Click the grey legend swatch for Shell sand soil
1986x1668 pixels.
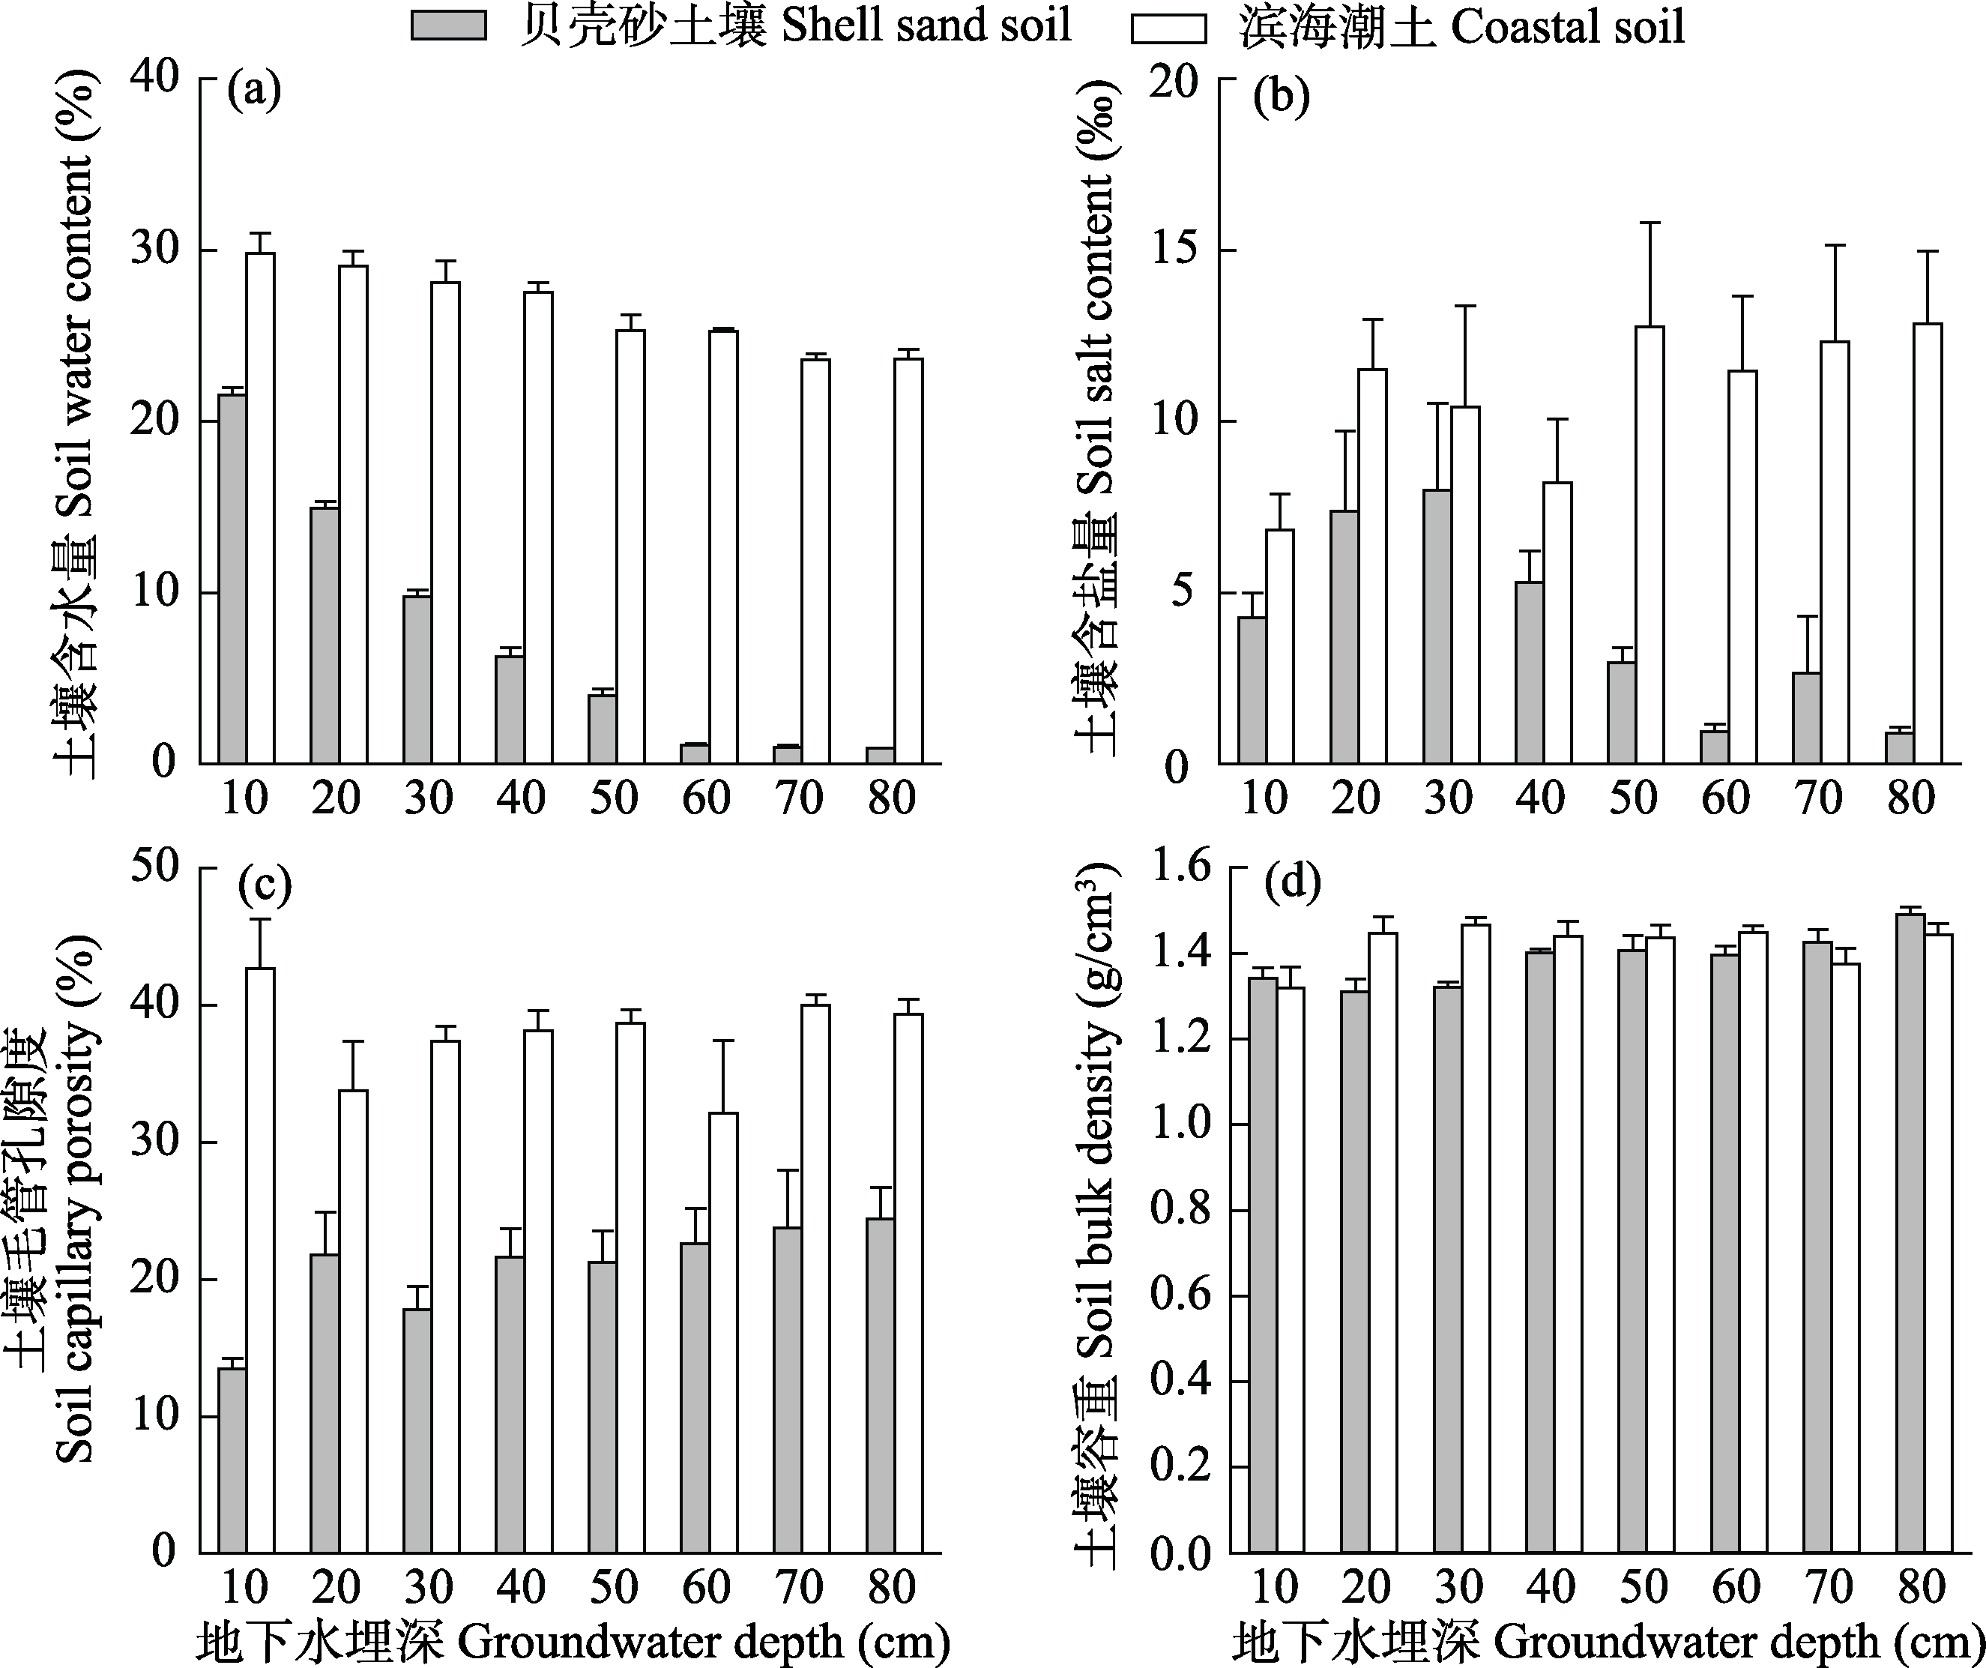[x=448, y=26]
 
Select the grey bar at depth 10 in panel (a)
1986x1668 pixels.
[x=232, y=578]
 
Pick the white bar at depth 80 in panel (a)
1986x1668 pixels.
[x=908, y=560]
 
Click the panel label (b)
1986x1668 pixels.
[x=1281, y=98]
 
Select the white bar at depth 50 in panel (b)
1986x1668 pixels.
[x=1650, y=544]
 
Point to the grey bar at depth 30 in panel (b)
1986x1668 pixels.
[x=1437, y=625]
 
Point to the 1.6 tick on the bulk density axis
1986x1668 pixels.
[x=1180, y=867]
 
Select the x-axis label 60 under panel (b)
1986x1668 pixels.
[x=1725, y=799]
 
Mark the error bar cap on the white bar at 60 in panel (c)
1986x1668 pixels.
[x=723, y=1041]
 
